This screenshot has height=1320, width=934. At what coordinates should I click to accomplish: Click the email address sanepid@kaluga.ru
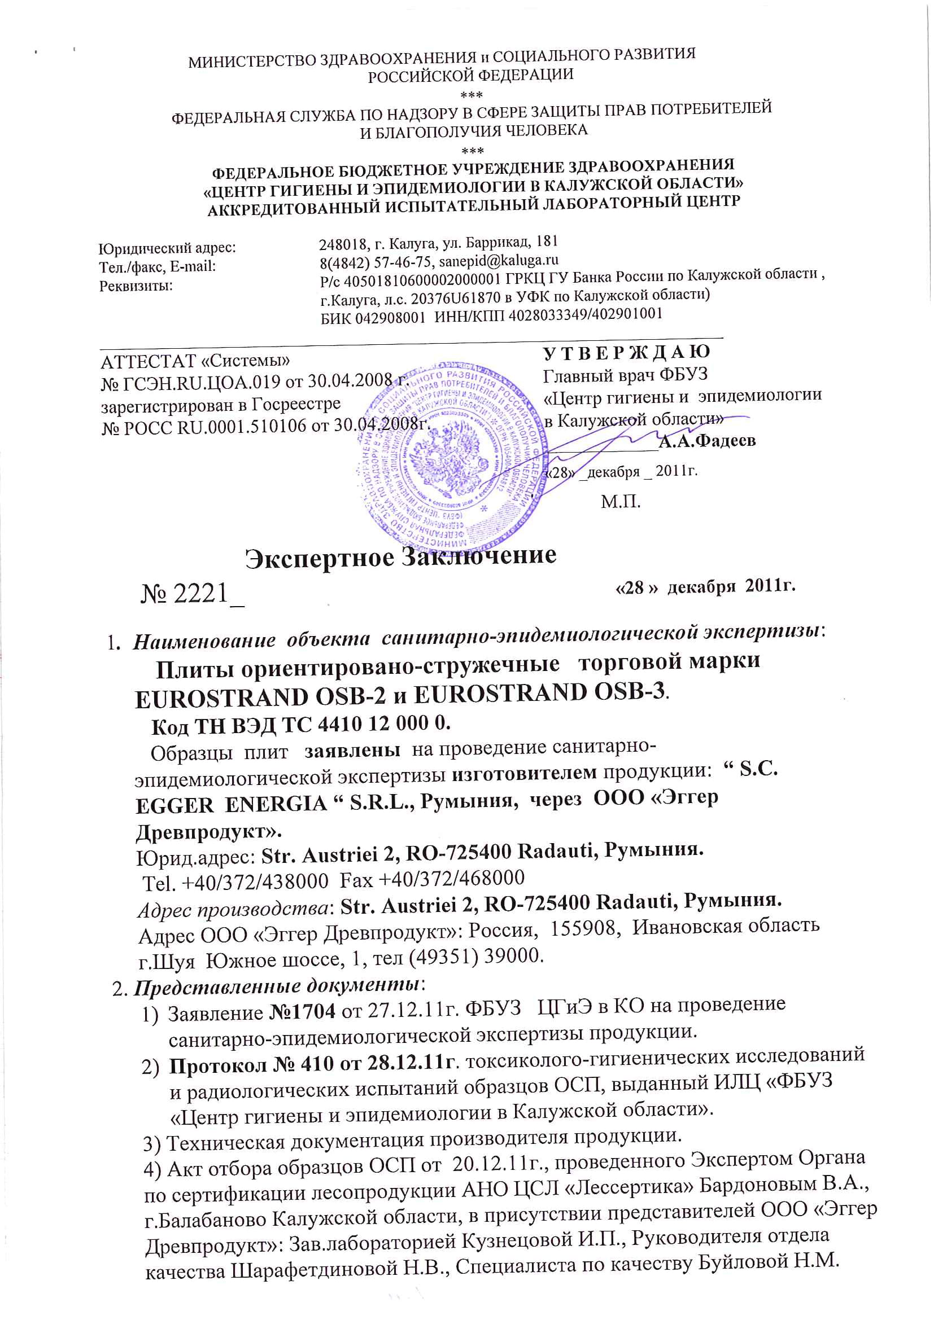coord(498,261)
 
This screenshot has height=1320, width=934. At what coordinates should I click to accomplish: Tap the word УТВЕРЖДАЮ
coord(626,351)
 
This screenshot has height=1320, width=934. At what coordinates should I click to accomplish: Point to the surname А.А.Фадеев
coord(707,441)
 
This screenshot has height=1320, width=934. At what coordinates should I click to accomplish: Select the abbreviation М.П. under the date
coord(621,502)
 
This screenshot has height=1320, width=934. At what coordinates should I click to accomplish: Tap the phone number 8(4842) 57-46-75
coord(377,264)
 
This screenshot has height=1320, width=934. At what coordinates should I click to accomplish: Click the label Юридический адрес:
coord(167,248)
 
